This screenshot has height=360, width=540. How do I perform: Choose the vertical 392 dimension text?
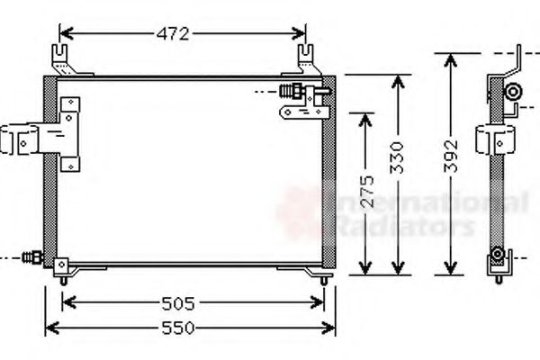454,157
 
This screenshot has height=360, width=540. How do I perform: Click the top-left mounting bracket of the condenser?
63,58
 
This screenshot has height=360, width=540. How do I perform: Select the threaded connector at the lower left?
33,257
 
